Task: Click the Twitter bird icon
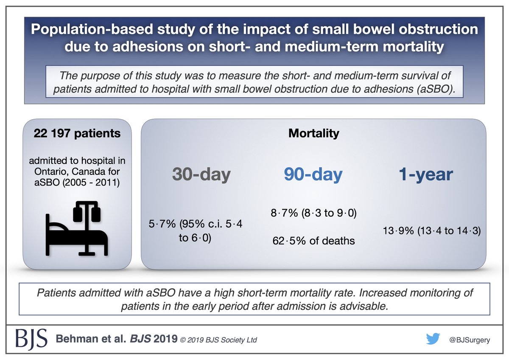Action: [x=433, y=339]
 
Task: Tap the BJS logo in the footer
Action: [x=31, y=339]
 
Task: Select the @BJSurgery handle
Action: [x=470, y=340]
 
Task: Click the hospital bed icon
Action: [x=77, y=228]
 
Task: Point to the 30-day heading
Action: [x=201, y=174]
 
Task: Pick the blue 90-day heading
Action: [x=313, y=174]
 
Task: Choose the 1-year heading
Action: [x=426, y=174]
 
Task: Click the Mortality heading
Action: [x=313, y=133]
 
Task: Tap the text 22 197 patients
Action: [x=77, y=133]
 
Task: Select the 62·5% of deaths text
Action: [x=313, y=241]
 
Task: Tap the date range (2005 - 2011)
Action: [x=91, y=183]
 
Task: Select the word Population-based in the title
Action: [x=92, y=29]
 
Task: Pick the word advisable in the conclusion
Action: [x=364, y=306]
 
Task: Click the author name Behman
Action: [x=77, y=339]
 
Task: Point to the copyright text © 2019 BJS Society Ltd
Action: [x=218, y=340]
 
